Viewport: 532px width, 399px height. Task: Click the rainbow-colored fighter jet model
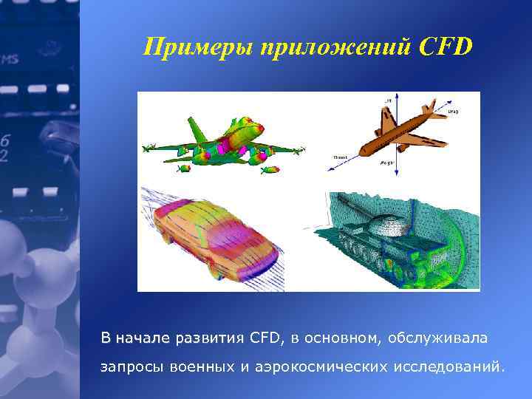click(x=222, y=144)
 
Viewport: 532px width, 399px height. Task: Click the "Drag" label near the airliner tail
click(x=452, y=112)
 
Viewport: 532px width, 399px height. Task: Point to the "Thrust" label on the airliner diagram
click(x=341, y=157)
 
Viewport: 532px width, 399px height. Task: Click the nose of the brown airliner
click(x=363, y=153)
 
